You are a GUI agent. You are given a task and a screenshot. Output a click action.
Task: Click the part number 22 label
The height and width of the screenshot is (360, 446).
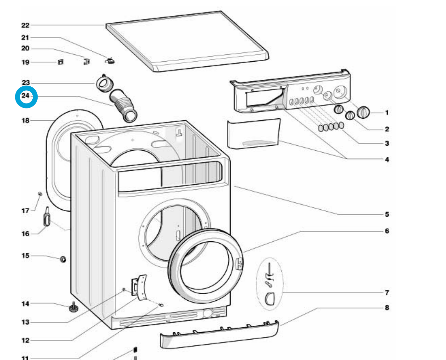pyautogui.click(x=25, y=25)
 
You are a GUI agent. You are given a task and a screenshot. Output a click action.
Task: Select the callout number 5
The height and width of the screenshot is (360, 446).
pyautogui.click(x=387, y=214)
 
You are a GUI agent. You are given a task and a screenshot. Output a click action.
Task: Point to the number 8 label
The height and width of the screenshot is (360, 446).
pyautogui.click(x=387, y=308)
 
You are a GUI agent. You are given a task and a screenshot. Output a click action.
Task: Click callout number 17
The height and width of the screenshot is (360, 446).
pyautogui.click(x=25, y=210)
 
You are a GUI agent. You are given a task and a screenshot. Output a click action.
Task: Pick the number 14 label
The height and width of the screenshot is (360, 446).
pyautogui.click(x=25, y=304)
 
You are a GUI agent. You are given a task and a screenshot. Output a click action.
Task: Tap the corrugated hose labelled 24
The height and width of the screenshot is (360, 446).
pyautogui.click(x=124, y=105)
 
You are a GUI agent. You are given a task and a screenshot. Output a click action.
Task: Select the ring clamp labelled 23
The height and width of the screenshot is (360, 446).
pyautogui.click(x=105, y=83)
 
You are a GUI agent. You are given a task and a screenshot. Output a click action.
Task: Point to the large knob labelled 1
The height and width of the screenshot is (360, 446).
pyautogui.click(x=363, y=112)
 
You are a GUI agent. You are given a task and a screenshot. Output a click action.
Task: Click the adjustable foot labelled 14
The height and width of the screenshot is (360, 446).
pyautogui.click(x=73, y=308)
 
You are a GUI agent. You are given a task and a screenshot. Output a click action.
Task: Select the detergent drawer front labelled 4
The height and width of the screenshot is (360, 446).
pyautogui.click(x=253, y=134)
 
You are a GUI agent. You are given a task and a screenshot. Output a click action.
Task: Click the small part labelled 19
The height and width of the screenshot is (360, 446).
pyautogui.click(x=60, y=62)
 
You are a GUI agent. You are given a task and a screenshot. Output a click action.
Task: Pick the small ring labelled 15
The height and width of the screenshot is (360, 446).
pyautogui.click(x=63, y=259)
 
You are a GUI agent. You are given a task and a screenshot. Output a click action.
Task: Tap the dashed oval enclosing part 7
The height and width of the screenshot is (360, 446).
pyautogui.click(x=270, y=284)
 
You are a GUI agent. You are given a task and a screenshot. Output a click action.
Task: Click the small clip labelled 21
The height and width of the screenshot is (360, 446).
pyautogui.click(x=110, y=60)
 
